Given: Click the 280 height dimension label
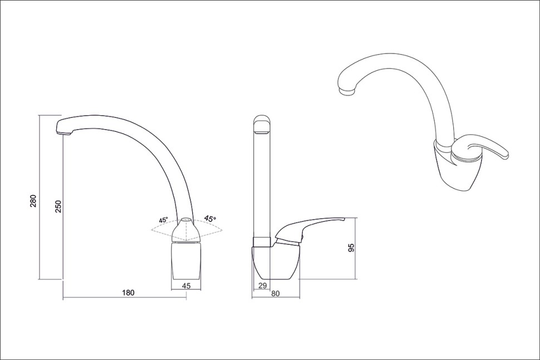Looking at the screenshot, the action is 33,201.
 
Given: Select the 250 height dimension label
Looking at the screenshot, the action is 58,206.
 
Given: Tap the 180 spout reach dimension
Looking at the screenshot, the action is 128,293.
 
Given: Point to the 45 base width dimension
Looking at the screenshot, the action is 186,285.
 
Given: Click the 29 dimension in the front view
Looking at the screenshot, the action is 262,285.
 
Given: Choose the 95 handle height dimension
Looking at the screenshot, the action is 351,248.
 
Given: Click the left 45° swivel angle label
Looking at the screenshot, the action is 163,220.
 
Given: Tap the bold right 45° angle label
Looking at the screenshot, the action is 210,218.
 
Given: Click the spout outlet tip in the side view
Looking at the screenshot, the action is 64,132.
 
